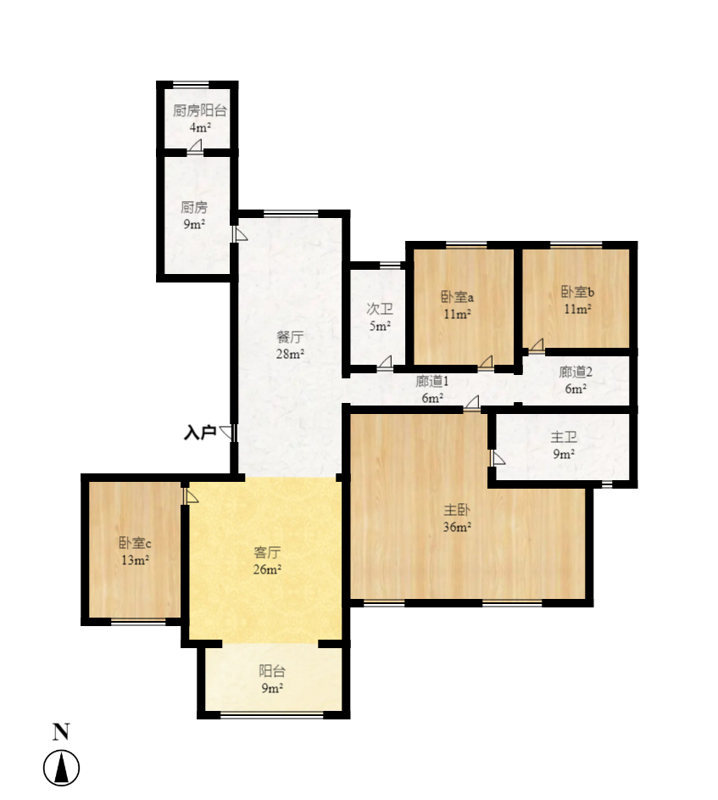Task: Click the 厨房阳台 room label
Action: (200, 110)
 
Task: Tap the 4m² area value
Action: (200, 127)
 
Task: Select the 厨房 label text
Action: (194, 207)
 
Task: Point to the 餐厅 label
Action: (291, 337)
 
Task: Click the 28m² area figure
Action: (291, 354)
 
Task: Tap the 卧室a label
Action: (457, 297)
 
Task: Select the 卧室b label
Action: (577, 293)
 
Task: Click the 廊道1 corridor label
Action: (431, 382)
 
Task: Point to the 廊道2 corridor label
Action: (576, 372)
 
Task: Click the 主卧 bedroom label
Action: (458, 511)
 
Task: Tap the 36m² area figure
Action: (458, 528)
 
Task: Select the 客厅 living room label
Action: (268, 552)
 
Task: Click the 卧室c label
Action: (135, 543)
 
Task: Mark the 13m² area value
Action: (135, 560)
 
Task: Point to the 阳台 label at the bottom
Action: (271, 671)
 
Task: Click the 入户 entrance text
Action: (200, 433)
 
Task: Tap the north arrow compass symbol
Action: (61, 769)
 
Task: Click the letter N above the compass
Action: (61, 732)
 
